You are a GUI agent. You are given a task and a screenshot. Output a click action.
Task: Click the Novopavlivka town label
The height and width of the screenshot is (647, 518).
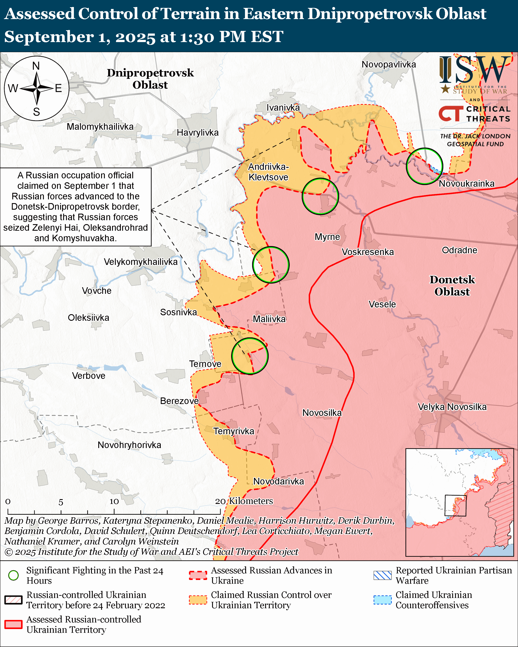pos(389,64)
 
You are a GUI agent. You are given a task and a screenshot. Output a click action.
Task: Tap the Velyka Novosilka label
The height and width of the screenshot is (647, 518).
pos(452,407)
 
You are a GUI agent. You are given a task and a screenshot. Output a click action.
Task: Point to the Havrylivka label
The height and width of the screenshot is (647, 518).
pos(198,132)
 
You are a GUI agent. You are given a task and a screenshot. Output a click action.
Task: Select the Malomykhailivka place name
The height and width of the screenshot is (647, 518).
pos(100,126)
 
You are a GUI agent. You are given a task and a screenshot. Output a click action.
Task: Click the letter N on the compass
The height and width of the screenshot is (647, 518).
pos(36,66)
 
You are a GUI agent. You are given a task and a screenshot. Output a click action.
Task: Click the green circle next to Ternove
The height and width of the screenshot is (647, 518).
pos(250,356)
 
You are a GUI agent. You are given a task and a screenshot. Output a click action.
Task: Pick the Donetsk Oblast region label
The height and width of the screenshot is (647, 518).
pos(452,285)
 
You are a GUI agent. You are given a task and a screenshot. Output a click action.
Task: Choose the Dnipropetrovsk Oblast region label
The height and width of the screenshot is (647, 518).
pos(150,79)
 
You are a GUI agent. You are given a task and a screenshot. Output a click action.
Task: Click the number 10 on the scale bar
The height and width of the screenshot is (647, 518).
pos(114,502)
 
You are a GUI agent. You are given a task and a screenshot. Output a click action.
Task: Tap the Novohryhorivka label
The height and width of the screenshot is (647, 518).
pos(129,445)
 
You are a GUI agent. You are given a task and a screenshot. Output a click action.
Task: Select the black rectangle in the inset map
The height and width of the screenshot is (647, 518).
pos(455,505)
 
